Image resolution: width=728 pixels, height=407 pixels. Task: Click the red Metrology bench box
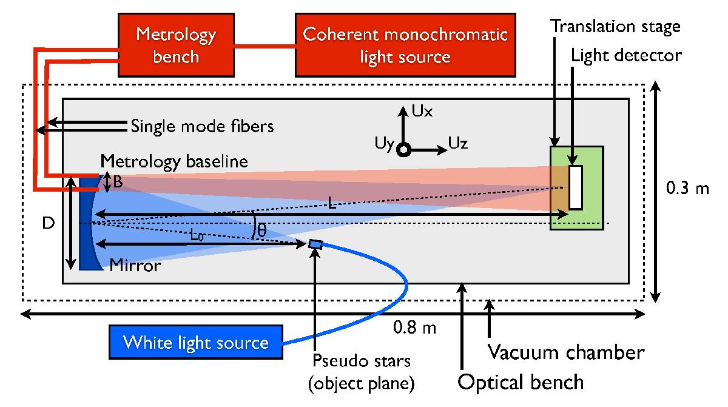click(175, 45)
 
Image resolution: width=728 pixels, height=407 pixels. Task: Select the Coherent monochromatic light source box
click(405, 45)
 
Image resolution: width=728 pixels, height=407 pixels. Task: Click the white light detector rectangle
click(576, 187)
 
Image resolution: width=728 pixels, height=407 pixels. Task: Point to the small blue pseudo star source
click(316, 244)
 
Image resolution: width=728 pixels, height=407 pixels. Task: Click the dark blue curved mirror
click(87, 221)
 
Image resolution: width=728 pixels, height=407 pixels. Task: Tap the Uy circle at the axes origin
click(403, 149)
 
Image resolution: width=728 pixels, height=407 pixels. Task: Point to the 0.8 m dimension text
click(414, 328)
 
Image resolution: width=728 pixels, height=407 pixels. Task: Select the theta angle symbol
click(261, 230)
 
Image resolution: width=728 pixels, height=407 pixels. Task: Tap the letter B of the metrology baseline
click(118, 183)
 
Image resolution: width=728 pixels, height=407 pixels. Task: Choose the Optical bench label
click(521, 382)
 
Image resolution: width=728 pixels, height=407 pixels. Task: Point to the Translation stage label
click(615, 27)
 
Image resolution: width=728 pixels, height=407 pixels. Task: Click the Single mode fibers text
click(203, 126)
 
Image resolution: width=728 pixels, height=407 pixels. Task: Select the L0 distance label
click(196, 236)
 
